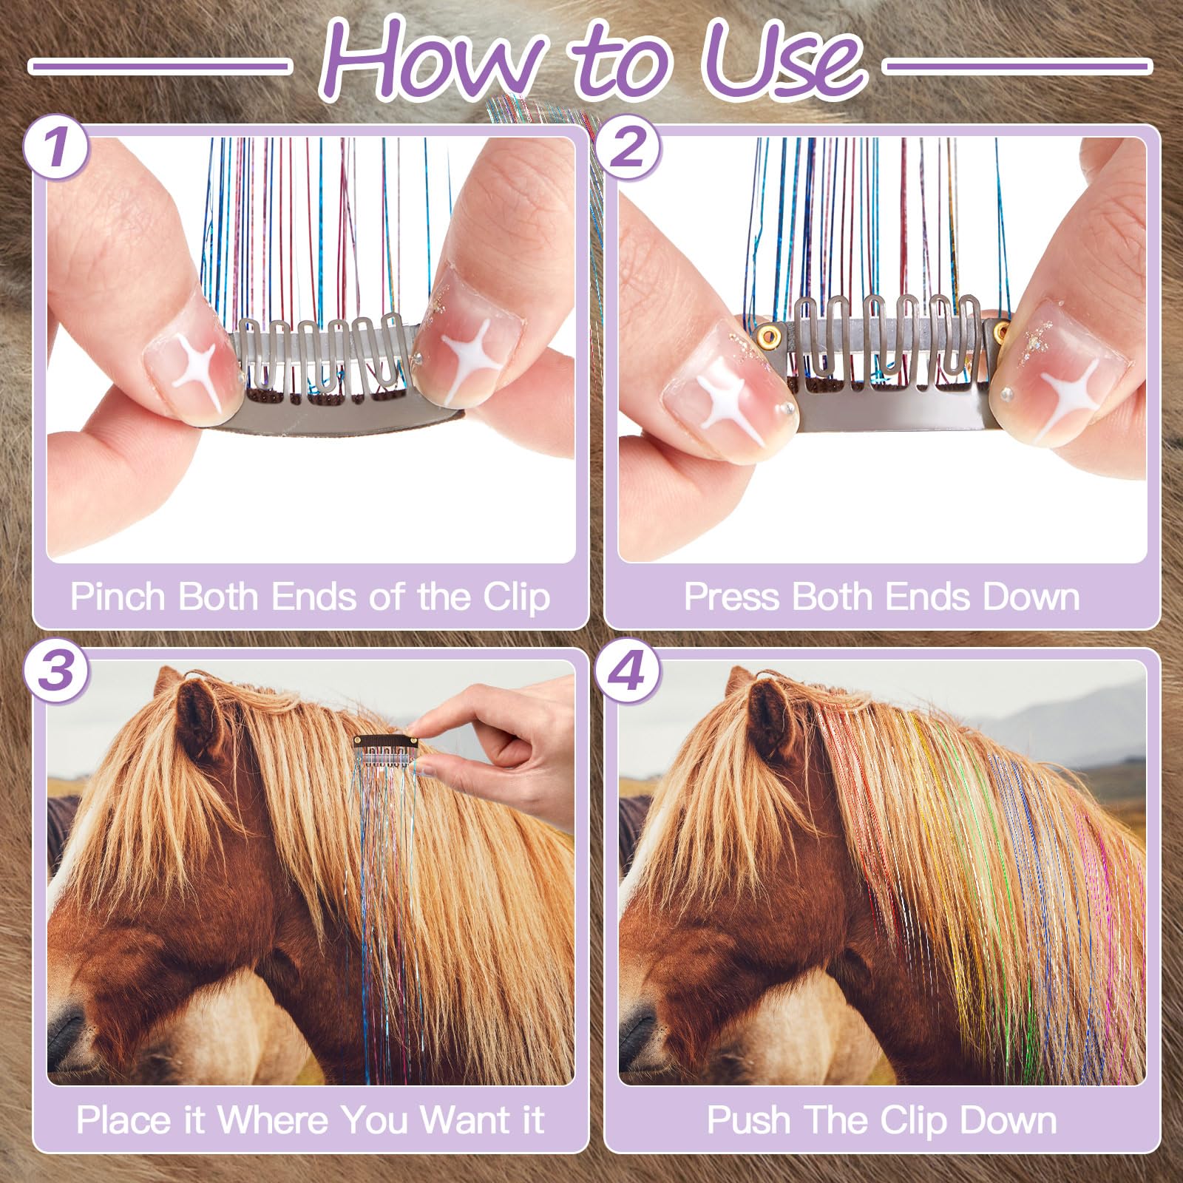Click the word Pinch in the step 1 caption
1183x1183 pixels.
pos(118,597)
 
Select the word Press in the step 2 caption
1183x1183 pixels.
pos(731,597)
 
